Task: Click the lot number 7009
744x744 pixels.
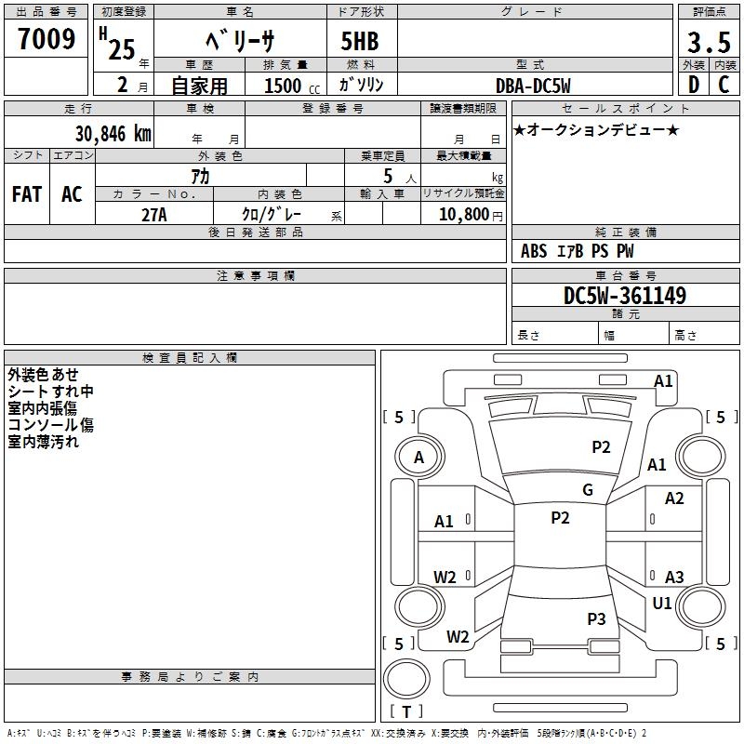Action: (46, 39)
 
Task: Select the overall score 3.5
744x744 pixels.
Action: (708, 44)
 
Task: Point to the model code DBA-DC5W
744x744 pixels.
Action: (533, 86)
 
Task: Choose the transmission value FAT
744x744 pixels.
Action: (26, 194)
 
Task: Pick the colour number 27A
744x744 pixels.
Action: (154, 214)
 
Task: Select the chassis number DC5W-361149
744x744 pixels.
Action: (625, 296)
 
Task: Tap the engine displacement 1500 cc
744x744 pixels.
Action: (288, 86)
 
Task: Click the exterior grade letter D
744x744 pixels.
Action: (693, 86)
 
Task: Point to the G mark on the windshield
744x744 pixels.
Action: (588, 490)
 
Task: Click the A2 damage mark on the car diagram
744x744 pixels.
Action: (674, 498)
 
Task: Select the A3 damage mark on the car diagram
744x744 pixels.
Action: (674, 577)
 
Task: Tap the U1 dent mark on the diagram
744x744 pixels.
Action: (662, 604)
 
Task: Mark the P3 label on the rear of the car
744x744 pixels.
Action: (596, 618)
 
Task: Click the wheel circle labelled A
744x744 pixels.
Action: (418, 457)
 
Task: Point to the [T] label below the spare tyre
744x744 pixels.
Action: (406, 712)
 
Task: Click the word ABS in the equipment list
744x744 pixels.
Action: (534, 251)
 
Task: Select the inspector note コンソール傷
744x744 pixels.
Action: (51, 425)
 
